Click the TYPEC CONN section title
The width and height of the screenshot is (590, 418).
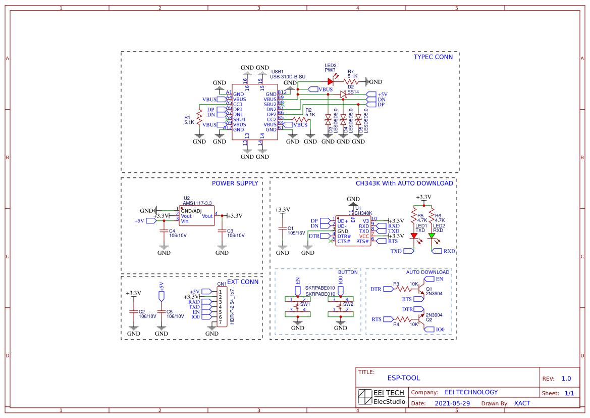pos(433,57)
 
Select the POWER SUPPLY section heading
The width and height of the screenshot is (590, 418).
pos(235,183)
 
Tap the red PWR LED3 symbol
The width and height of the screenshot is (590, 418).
pos(331,81)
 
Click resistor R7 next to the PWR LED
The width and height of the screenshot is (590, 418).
pos(351,81)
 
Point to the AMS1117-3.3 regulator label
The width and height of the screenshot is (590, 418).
pos(197,202)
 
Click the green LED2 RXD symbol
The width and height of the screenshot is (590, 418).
pos(432,236)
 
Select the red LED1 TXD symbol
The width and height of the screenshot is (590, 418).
pos(414,236)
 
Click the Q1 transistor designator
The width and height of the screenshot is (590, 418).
pos(429,289)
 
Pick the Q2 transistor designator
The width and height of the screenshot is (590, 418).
pos(429,319)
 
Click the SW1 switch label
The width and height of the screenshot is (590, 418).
pos(305,304)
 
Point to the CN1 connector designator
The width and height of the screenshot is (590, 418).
pos(222,284)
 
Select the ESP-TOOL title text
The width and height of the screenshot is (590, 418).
pos(403,378)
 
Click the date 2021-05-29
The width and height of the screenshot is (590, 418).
pos(452,403)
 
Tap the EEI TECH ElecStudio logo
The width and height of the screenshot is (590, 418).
pos(382,397)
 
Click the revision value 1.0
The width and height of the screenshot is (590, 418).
pos(566,379)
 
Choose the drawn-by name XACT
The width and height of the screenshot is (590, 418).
pos(522,403)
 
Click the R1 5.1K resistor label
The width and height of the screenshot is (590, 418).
pos(189,120)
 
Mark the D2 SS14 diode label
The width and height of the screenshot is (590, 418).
pos(353,89)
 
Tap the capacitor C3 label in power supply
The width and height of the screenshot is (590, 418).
pos(230,230)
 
